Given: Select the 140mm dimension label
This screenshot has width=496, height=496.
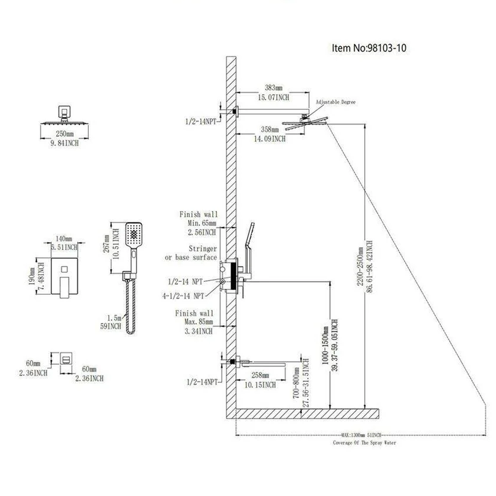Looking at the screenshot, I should (64, 239).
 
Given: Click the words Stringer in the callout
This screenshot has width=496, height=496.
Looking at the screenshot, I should (202, 248).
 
